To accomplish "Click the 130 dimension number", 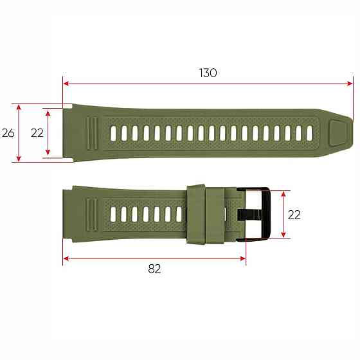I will pos(208,73).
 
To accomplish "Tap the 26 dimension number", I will pos(8,133).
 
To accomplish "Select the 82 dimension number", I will pos(154,269).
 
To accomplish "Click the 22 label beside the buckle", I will pos(294,215).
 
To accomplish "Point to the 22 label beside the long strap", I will pos(37,133).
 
